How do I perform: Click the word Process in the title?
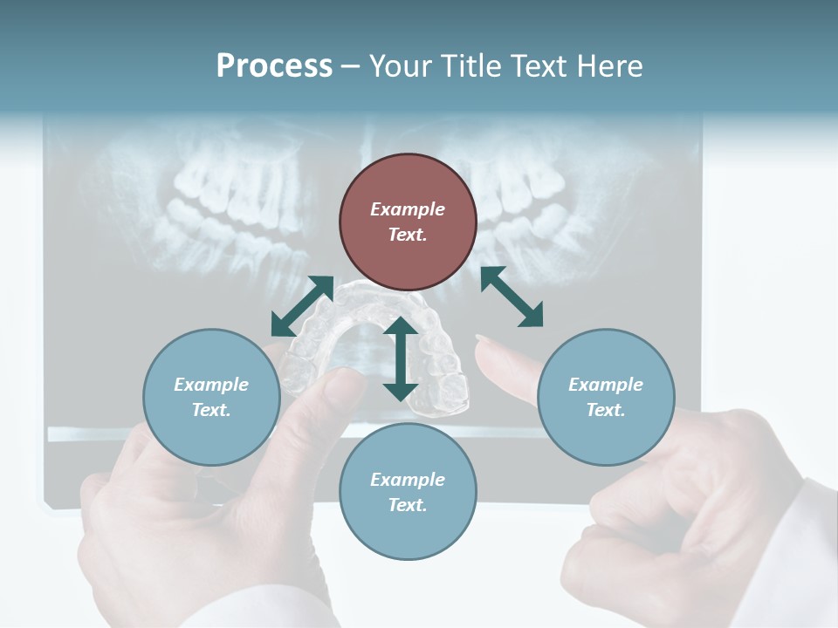click(x=274, y=66)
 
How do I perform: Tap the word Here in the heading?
click(x=610, y=66)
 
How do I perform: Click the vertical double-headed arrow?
click(x=401, y=358)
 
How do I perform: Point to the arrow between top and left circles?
click(x=302, y=306)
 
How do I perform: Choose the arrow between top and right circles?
click(x=512, y=297)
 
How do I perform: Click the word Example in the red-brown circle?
click(x=408, y=209)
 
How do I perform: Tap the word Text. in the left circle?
click(x=211, y=410)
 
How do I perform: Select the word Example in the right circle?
click(x=606, y=385)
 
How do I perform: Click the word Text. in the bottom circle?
click(x=408, y=505)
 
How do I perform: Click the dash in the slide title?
click(x=350, y=67)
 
